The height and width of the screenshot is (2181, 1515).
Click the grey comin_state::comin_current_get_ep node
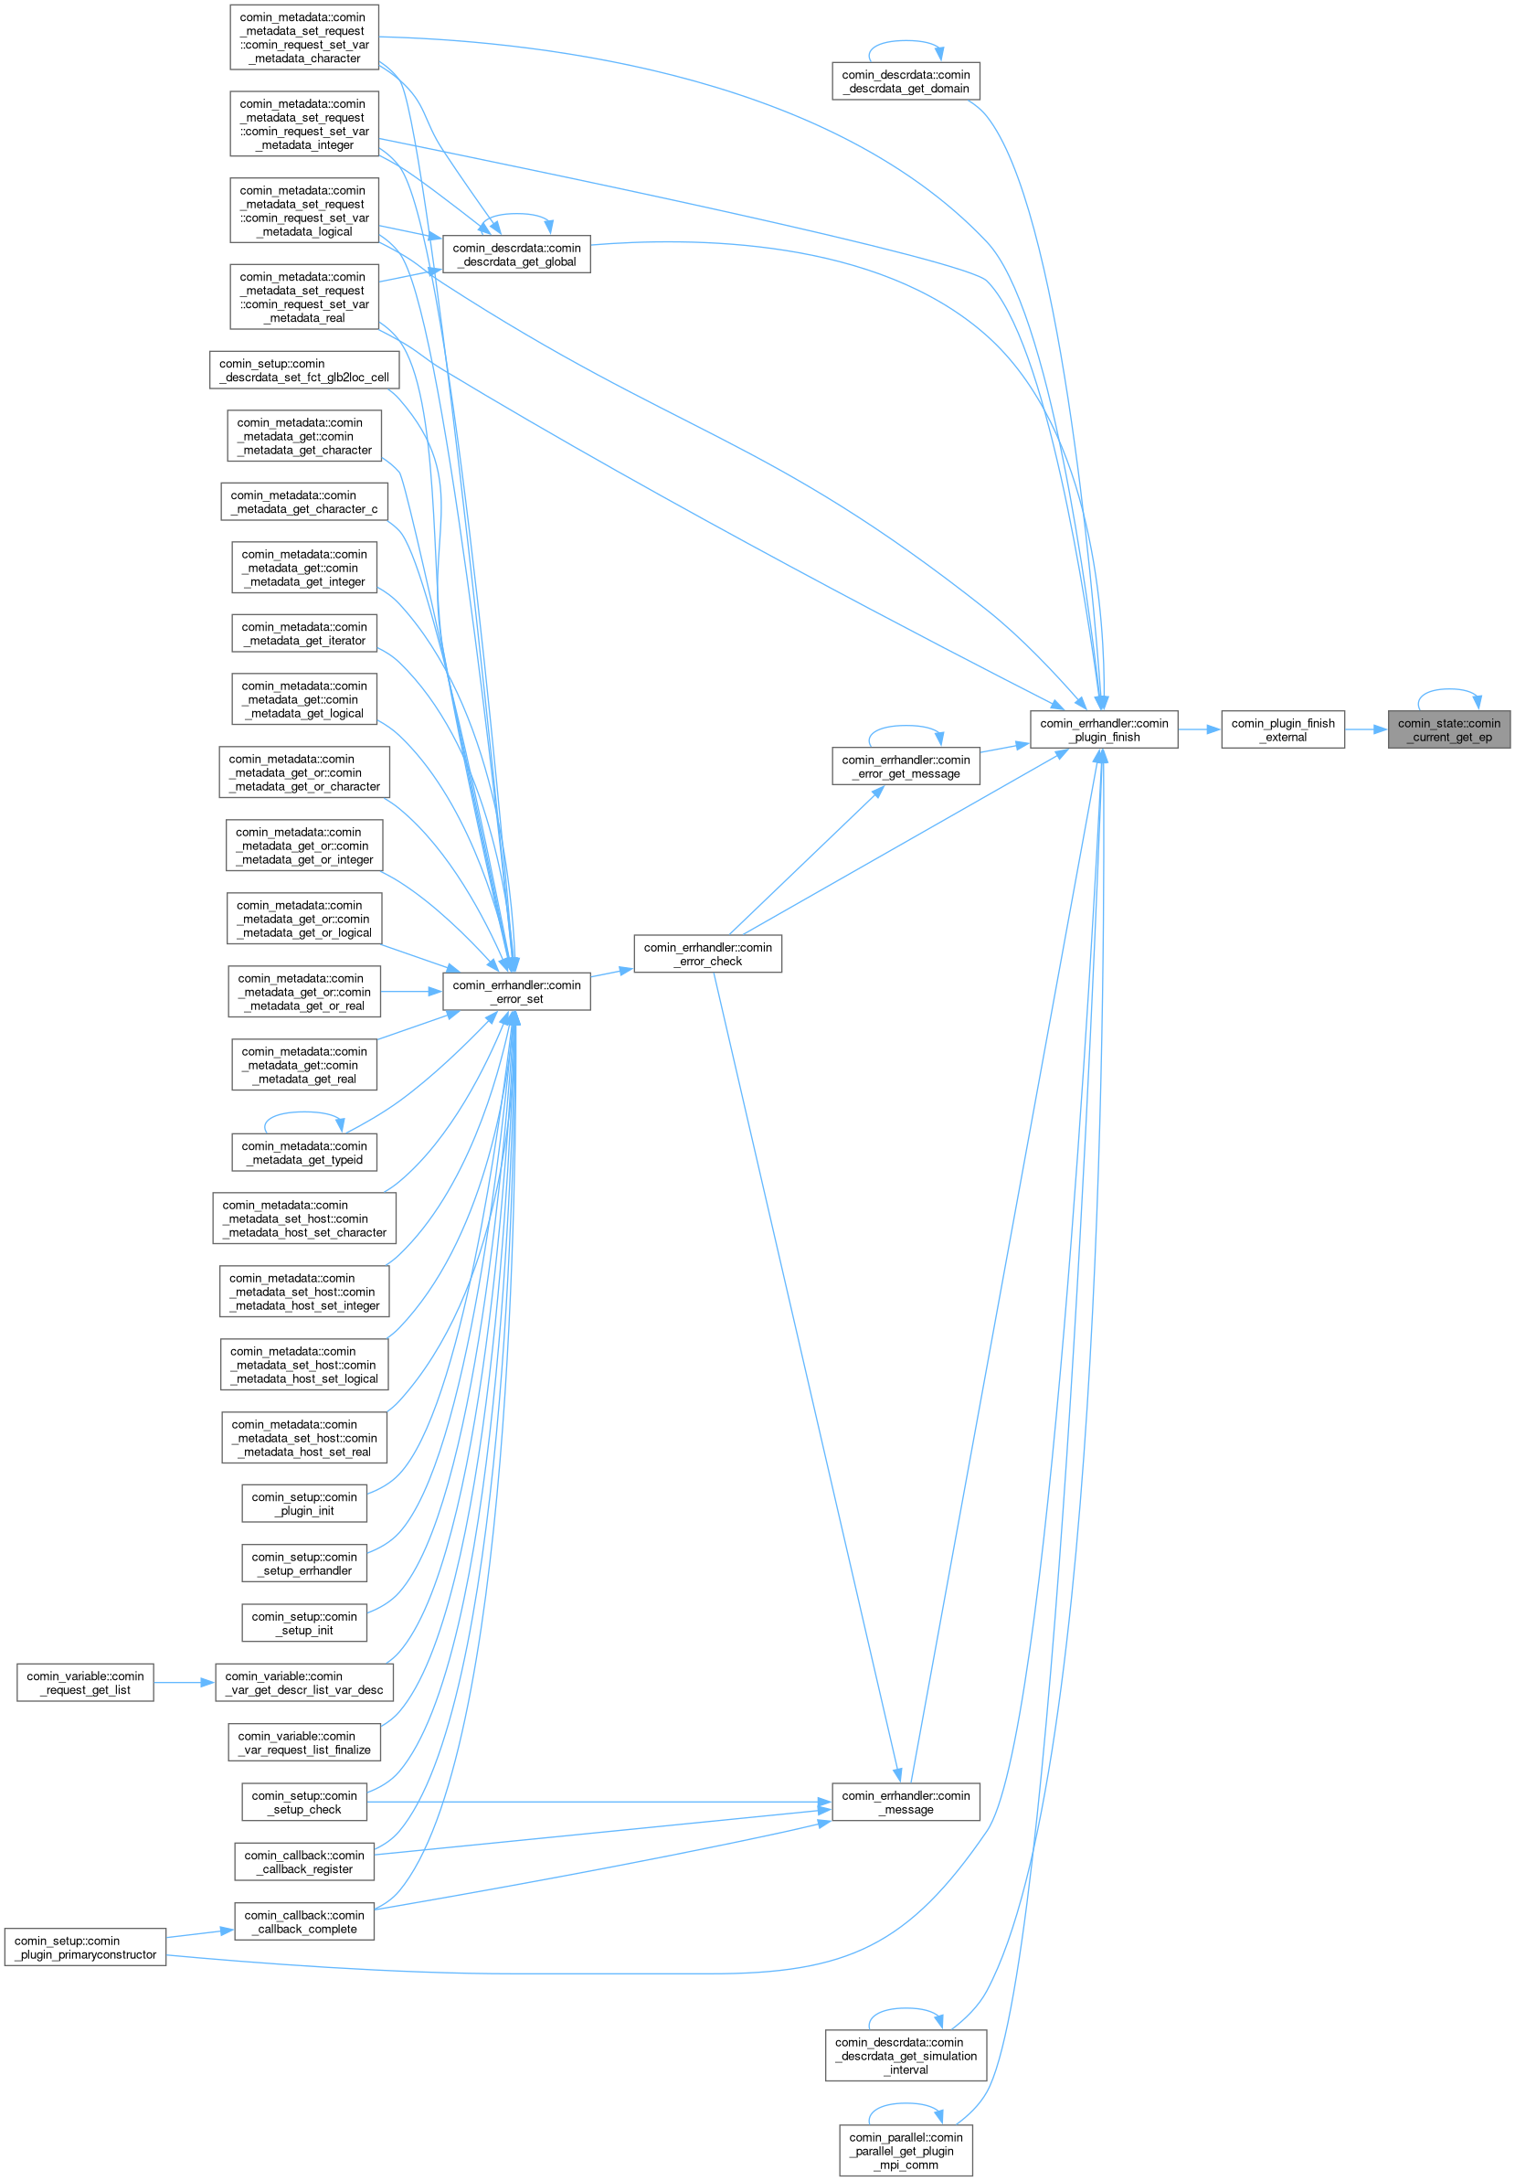click(x=1447, y=730)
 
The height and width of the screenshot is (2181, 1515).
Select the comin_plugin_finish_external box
click(x=1281, y=730)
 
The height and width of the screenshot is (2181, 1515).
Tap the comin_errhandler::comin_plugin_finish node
click(x=1103, y=730)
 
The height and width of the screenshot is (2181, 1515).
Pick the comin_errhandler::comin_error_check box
click(x=707, y=954)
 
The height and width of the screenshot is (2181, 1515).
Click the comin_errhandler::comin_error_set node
click(x=515, y=992)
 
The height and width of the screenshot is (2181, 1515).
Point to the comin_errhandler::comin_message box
click(x=905, y=1803)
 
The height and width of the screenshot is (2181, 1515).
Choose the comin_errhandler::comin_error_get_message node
click(x=905, y=766)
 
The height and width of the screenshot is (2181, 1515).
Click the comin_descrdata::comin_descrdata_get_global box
click(x=515, y=254)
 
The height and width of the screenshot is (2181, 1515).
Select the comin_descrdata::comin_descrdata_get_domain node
click(x=905, y=81)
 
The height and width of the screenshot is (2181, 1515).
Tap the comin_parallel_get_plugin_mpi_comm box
click(x=905, y=2151)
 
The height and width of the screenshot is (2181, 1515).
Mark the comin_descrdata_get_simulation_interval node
click(x=905, y=2056)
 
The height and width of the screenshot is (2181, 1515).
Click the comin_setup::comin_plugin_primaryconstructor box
click(x=85, y=1947)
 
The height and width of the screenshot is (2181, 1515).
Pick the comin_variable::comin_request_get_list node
click(x=85, y=1683)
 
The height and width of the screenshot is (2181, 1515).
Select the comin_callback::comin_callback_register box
click(x=303, y=1862)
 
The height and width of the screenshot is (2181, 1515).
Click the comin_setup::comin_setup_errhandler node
click(x=303, y=1564)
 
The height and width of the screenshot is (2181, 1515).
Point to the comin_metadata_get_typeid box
click(x=303, y=1153)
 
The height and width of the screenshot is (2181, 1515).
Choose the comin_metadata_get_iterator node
click(x=303, y=633)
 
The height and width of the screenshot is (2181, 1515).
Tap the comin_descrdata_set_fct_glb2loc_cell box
click(x=303, y=370)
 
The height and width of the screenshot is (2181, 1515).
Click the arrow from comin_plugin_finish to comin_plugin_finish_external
click(x=1199, y=730)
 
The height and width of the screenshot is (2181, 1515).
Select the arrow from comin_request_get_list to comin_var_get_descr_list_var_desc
click(x=185, y=1683)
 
